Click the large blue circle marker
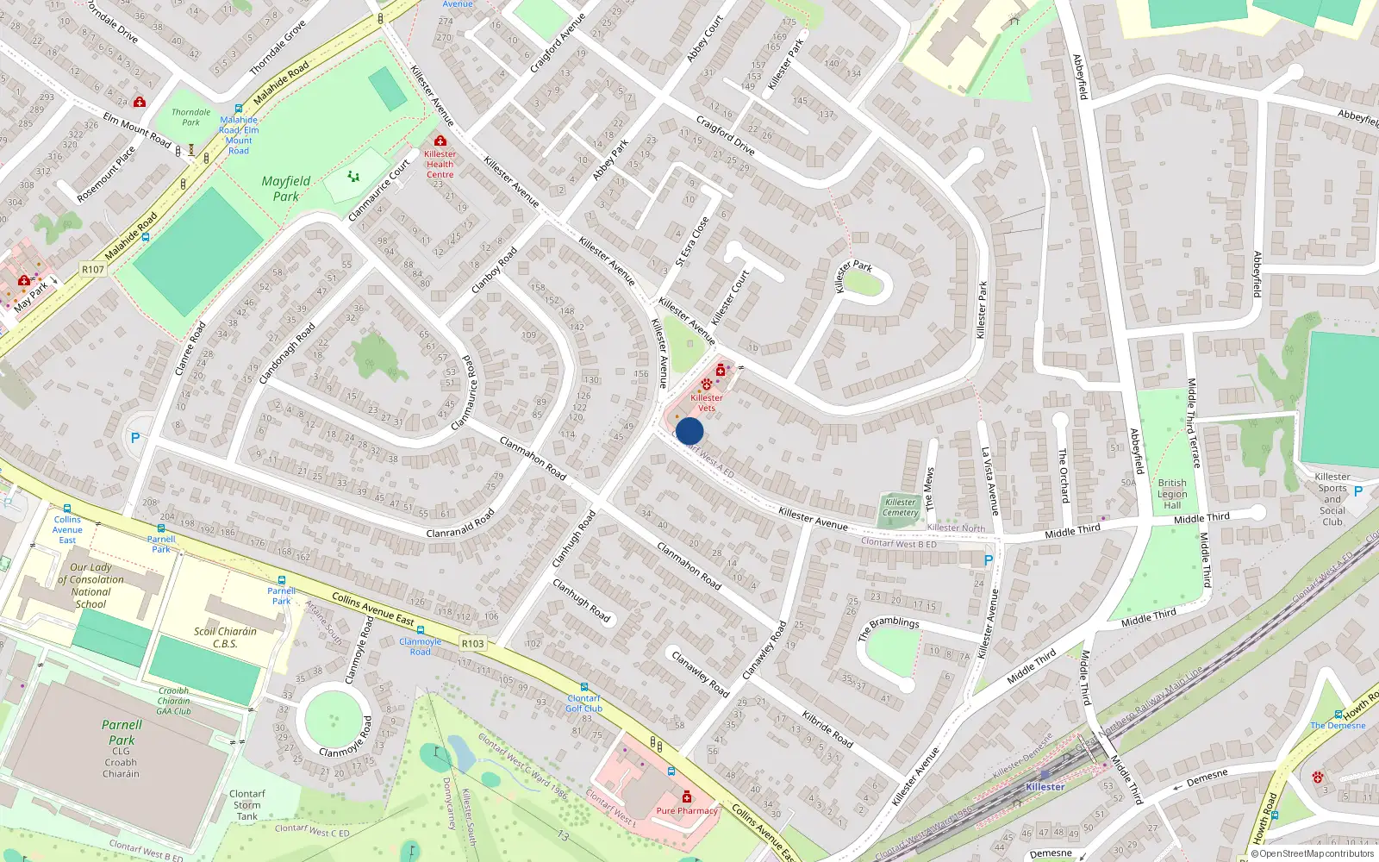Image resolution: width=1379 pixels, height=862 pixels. click(x=689, y=431)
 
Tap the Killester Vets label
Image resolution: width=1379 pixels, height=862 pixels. click(x=707, y=402)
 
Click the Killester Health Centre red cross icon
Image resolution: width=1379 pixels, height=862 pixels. click(x=440, y=141)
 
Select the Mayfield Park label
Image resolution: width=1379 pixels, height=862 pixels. click(x=285, y=189)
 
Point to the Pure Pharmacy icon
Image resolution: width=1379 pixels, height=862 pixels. click(x=687, y=796)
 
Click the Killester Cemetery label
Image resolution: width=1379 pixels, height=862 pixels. click(x=901, y=507)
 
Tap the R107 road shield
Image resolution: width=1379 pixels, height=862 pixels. click(x=93, y=270)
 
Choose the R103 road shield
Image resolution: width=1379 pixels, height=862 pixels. click(x=472, y=643)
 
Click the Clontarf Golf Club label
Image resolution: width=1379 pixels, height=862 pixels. click(x=583, y=703)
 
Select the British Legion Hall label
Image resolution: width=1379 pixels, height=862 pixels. click(x=1172, y=494)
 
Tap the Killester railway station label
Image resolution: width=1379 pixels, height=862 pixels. click(x=1045, y=787)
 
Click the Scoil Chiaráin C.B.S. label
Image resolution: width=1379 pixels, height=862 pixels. click(x=225, y=637)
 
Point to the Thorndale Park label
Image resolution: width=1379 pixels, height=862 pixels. click(x=190, y=117)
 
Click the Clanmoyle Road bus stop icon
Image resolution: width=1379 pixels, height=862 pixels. click(x=421, y=630)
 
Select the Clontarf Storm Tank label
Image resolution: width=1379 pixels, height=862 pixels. click(x=247, y=805)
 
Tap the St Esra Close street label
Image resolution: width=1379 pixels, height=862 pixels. click(x=692, y=241)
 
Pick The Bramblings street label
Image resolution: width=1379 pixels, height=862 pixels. click(x=889, y=628)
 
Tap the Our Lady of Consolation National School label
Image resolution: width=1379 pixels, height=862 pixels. click(x=90, y=585)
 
